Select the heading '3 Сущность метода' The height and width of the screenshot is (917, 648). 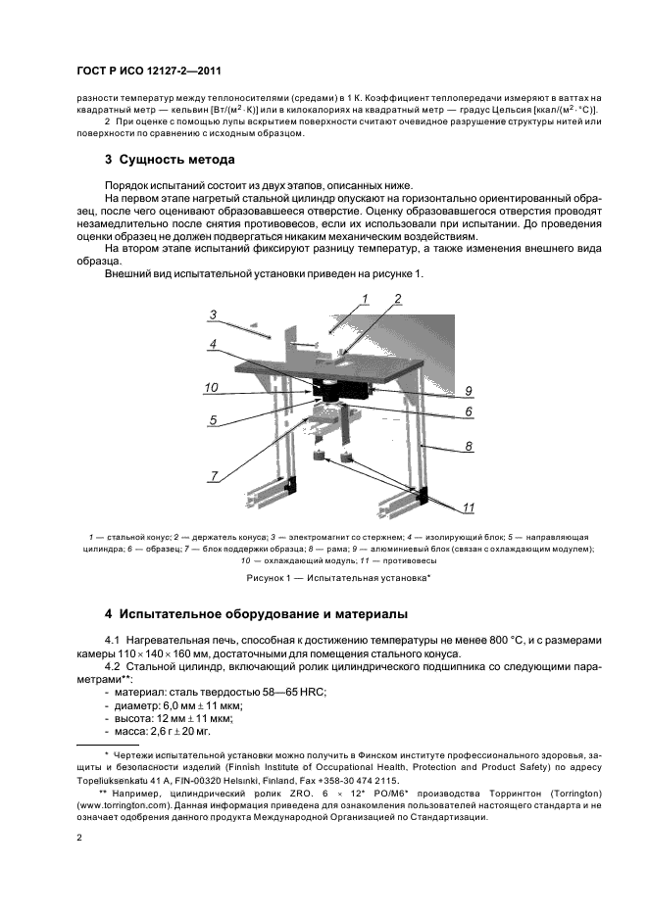[170, 160]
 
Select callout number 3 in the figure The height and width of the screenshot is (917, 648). [213, 314]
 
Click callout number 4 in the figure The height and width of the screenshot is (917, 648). [213, 344]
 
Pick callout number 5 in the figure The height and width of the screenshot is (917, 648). [213, 421]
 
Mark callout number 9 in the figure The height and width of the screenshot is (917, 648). [469, 390]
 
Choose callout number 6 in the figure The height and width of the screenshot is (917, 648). [469, 412]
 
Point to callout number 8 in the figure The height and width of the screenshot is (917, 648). [469, 447]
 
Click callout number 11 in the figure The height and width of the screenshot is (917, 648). [469, 507]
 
